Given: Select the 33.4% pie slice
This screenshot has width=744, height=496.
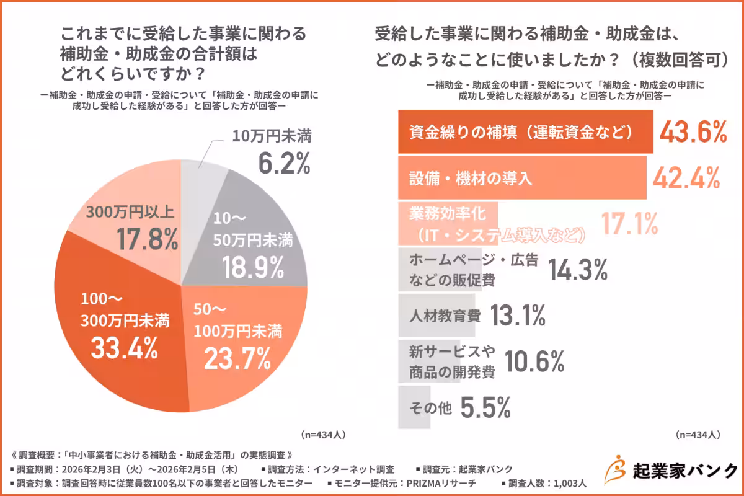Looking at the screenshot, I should click(x=118, y=335).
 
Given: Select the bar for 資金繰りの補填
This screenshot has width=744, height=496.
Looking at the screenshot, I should click(x=525, y=132).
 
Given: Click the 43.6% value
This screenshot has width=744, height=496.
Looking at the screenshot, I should click(x=692, y=132).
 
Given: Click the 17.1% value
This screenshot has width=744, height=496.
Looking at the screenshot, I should click(x=629, y=224).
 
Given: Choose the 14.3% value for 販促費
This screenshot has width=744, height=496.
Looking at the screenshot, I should click(x=577, y=270).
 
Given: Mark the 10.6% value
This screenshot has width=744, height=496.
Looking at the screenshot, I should click(x=534, y=360).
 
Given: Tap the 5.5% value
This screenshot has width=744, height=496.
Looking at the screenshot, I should click(x=486, y=407).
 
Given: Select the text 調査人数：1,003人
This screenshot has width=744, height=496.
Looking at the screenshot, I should click(x=543, y=484).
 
